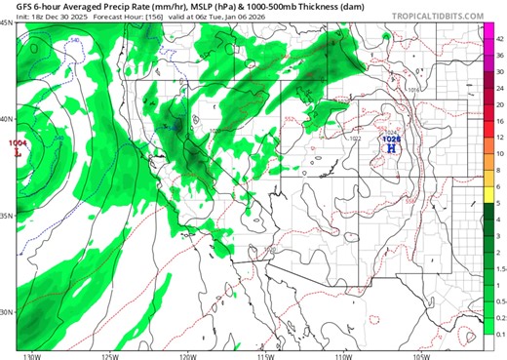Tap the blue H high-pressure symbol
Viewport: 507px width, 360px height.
(391, 149)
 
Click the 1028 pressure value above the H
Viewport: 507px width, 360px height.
(391, 140)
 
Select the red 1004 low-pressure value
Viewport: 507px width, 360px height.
(18, 143)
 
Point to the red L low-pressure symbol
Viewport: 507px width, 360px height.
(18, 152)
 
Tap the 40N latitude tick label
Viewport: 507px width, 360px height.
(7, 119)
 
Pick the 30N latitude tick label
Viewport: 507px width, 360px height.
(7, 312)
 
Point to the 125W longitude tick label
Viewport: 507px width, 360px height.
(109, 354)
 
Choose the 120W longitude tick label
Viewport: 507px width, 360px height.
(186, 354)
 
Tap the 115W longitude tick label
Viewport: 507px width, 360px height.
(264, 354)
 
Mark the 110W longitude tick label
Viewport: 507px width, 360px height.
(342, 354)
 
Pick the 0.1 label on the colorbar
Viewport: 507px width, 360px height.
(499, 334)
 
